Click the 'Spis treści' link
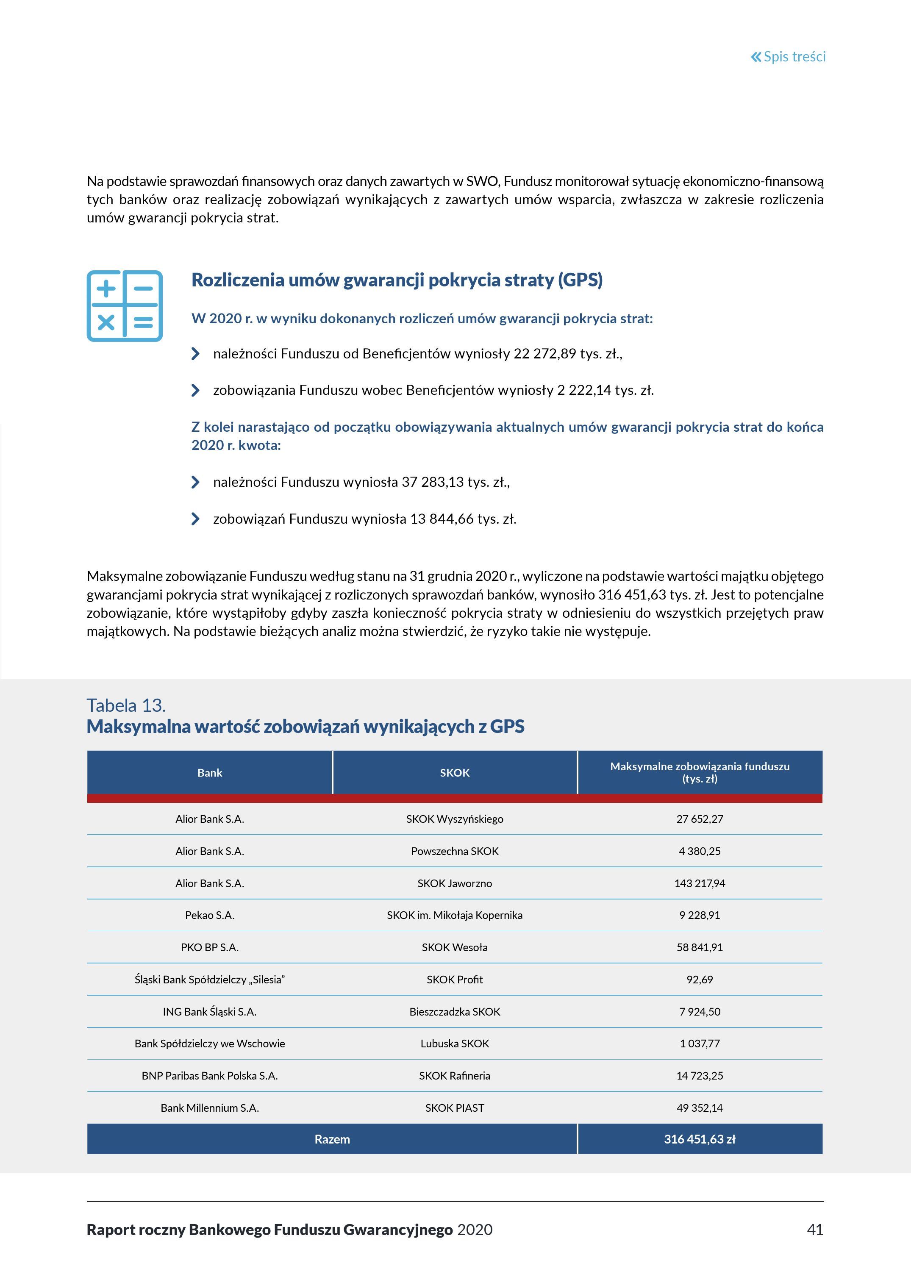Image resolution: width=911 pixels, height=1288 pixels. click(x=788, y=57)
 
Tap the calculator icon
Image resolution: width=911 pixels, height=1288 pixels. click(x=125, y=306)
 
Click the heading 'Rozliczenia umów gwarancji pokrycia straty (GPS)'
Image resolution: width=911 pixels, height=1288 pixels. click(x=397, y=280)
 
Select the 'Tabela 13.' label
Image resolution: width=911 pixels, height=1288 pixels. click(x=126, y=705)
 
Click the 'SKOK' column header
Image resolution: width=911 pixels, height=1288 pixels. click(x=454, y=772)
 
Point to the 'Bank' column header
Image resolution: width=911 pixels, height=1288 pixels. click(x=210, y=772)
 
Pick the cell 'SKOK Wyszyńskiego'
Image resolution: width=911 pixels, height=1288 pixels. click(x=454, y=819)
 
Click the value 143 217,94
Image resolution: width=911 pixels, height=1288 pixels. click(x=700, y=883)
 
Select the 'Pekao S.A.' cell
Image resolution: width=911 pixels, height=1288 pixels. click(x=210, y=916)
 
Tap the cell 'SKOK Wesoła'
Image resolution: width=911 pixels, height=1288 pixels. click(x=454, y=947)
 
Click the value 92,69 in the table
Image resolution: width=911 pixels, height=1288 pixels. click(x=700, y=980)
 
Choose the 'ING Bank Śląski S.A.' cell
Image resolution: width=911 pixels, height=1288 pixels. click(x=210, y=1011)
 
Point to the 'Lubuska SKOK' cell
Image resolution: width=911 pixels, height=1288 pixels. click(x=454, y=1044)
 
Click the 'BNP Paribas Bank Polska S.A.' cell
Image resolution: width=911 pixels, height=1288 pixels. click(x=210, y=1075)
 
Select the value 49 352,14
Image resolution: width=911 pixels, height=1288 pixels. click(x=700, y=1108)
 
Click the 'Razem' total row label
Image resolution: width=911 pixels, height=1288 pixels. click(x=332, y=1139)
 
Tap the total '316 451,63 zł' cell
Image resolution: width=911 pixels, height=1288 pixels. click(x=700, y=1139)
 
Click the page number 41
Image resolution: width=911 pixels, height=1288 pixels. click(x=814, y=1230)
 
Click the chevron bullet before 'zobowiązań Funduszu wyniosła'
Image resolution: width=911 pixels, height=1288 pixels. click(x=195, y=519)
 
